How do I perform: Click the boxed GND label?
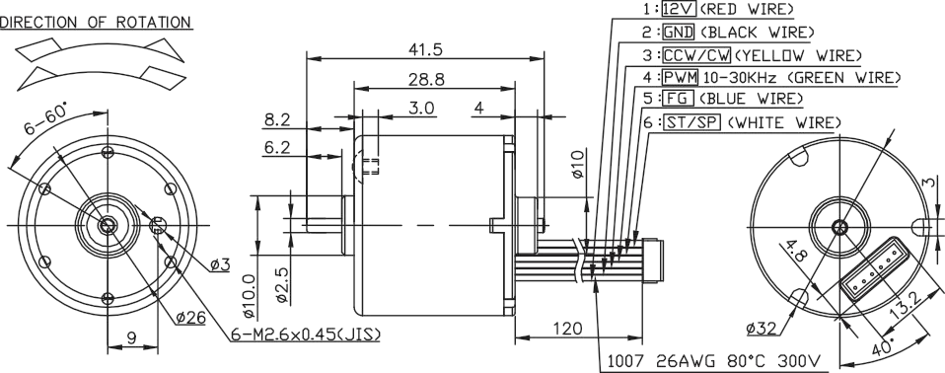click(679, 32)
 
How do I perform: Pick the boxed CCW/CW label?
click(696, 54)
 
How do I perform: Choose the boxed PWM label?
click(680, 77)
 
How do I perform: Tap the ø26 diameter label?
click(191, 318)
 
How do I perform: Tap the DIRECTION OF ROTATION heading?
click(97, 22)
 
